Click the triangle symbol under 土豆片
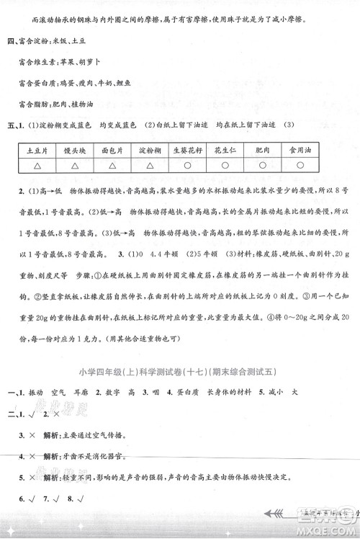pos(36,168)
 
